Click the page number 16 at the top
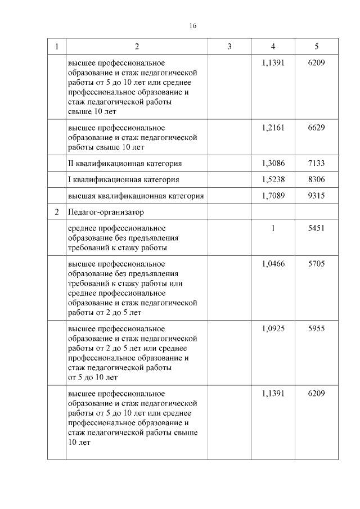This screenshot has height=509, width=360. coord(192,26)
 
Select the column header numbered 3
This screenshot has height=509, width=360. coord(229,47)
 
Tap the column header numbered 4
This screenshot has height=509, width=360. coord(273,47)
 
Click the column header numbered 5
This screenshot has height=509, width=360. coord(316,47)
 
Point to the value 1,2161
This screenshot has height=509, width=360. coord(273,128)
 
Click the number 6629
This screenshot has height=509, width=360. coord(316,128)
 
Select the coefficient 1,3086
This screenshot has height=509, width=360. coord(273,163)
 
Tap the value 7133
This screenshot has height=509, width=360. coord(316,163)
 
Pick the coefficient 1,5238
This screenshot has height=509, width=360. coord(273,179)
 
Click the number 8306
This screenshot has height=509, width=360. coord(316,179)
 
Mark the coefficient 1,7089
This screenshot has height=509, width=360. coord(273,196)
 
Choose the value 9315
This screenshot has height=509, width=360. coord(316,196)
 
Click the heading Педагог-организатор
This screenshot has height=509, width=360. coord(105,213)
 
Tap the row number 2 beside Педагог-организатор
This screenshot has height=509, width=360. coord(57,213)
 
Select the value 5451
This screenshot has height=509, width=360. coord(316,228)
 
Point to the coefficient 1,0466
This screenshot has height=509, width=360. coord(273,264)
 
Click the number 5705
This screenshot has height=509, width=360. coord(316,264)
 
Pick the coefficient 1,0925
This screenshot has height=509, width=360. coord(273,328)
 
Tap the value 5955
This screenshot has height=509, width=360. coord(316,328)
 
